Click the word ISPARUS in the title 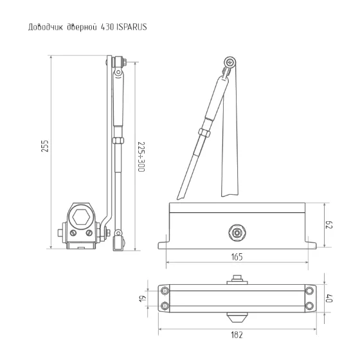click(x=132, y=27)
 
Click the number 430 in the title click(x=107, y=27)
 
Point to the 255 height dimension click(x=45, y=145)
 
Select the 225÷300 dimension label click(x=141, y=157)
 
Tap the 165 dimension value click(x=237, y=256)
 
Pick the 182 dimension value click(x=237, y=335)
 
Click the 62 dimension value click(x=329, y=225)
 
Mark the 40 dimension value click(x=329, y=298)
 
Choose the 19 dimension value click(x=143, y=298)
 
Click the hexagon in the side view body click(x=81, y=217)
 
